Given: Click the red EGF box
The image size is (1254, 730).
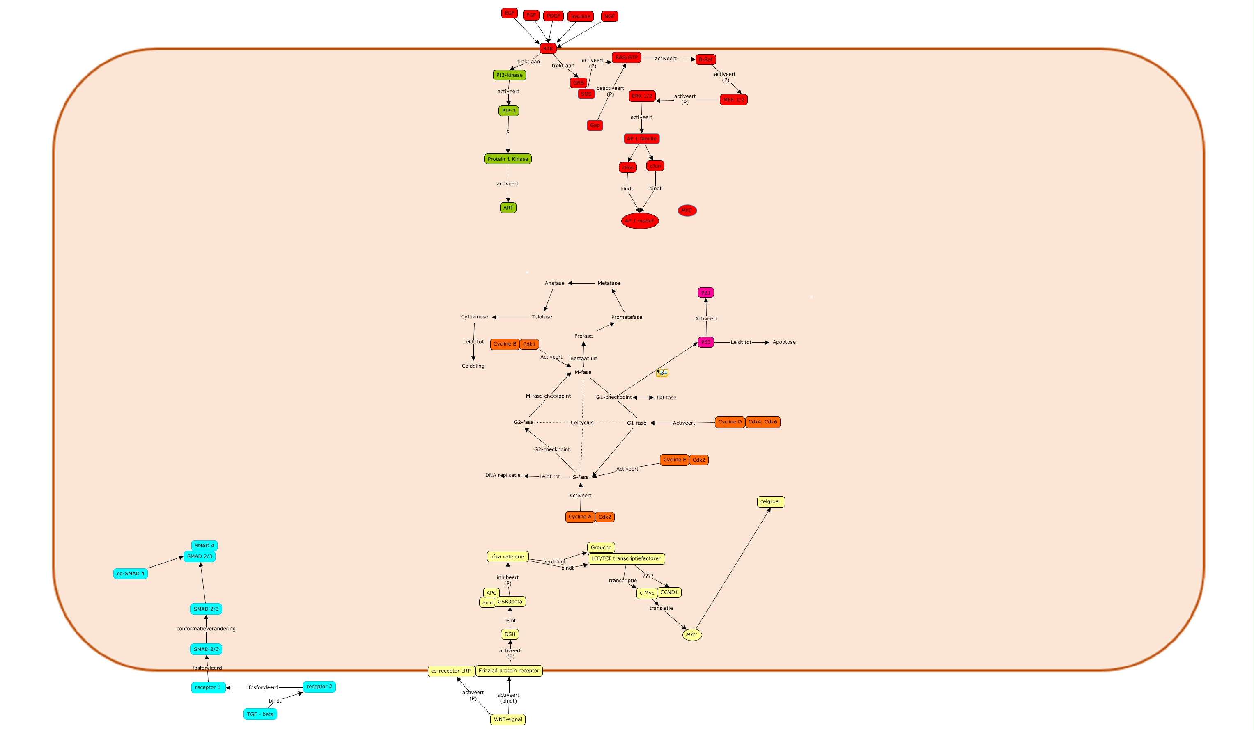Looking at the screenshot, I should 509,14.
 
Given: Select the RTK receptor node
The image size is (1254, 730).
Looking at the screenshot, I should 547,49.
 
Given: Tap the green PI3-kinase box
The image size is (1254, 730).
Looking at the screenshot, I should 509,75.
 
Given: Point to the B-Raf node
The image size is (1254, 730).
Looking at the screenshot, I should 705,59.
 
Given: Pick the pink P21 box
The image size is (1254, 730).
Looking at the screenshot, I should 705,293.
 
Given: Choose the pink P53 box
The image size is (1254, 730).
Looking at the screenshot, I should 705,342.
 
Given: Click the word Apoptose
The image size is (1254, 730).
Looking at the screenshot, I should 783,342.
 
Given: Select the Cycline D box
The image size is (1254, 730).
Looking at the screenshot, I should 730,422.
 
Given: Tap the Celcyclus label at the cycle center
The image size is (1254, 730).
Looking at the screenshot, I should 582,423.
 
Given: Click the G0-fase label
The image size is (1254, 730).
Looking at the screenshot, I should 666,398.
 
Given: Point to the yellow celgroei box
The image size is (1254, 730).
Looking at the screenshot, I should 770,502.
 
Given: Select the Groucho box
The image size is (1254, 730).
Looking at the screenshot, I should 601,547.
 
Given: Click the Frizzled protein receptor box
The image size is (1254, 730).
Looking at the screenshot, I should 509,671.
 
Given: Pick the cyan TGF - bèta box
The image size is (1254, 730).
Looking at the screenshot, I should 260,714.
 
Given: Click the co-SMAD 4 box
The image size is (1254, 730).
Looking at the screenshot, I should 131,573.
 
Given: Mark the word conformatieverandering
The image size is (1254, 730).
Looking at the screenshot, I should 206,629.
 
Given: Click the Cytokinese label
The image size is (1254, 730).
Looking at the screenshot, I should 474,317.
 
